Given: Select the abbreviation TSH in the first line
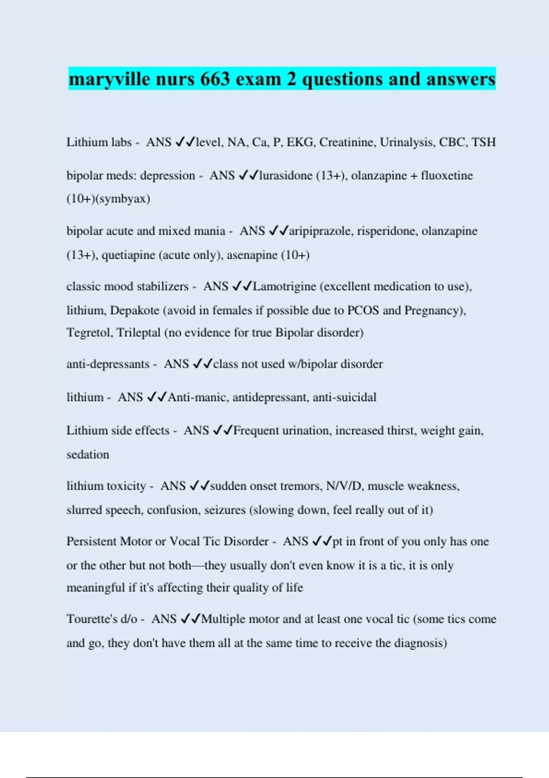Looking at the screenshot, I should [484, 142].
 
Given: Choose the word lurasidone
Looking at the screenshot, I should [285, 176].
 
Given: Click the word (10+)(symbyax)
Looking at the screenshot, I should [108, 199].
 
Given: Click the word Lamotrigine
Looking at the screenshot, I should [284, 286].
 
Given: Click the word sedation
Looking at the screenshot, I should [88, 455].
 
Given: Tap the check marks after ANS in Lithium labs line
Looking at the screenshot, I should [185, 142].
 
